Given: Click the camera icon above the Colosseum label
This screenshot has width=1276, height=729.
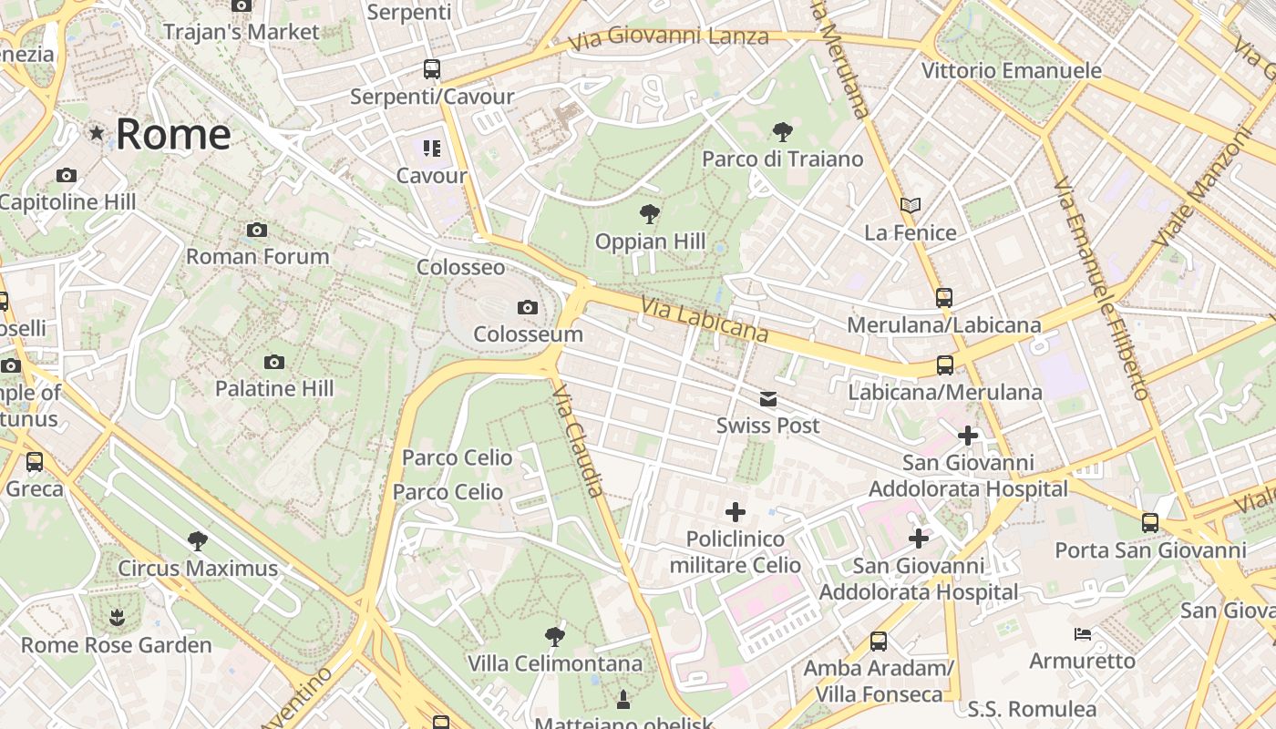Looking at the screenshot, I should click(527, 308).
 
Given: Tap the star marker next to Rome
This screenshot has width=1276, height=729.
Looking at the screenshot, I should click(97, 134).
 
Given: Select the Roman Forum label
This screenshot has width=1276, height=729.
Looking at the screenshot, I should click(258, 256).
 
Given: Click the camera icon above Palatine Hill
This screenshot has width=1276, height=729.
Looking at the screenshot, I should click(274, 363).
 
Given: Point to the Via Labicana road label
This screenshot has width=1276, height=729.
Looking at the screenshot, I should click(705, 320).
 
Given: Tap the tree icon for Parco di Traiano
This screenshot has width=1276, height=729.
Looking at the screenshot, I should click(782, 132).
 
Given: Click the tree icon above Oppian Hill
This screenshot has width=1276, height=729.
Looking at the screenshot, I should click(650, 215).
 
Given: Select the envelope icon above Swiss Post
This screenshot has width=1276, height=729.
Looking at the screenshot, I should click(768, 399).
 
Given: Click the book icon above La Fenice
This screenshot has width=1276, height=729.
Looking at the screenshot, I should click(910, 206).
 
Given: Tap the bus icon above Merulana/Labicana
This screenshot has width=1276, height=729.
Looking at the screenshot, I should click(944, 298).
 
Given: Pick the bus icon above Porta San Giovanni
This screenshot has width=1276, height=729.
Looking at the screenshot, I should click(1150, 523).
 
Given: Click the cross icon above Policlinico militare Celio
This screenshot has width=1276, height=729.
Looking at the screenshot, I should click(736, 512).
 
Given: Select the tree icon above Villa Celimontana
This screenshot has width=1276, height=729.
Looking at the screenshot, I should click(554, 636).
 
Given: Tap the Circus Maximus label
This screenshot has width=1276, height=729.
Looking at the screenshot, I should click(198, 569).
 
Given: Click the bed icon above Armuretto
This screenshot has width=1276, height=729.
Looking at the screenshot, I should click(1083, 634).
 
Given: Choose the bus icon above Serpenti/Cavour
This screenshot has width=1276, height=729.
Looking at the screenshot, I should click(432, 69).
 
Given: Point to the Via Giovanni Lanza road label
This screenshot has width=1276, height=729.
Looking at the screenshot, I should click(668, 38).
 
